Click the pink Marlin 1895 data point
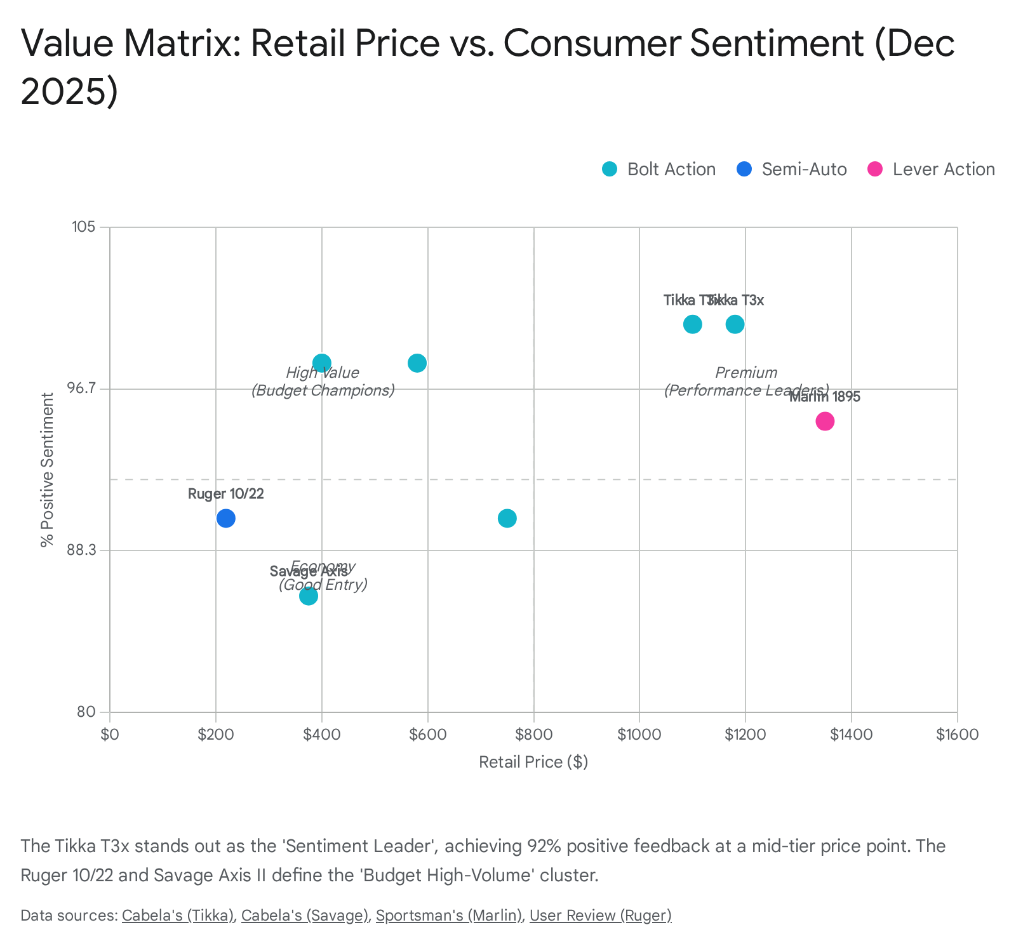tap(824, 421)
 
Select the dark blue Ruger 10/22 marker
tap(225, 518)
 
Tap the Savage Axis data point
tap(308, 596)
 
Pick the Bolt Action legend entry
tap(659, 170)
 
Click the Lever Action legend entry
tap(931, 170)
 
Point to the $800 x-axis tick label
tap(533, 735)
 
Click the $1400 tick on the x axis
tap(851, 735)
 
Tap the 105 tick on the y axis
tap(83, 227)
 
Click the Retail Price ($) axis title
tap(533, 762)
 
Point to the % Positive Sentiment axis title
tap(47, 470)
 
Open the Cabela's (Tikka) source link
tap(178, 916)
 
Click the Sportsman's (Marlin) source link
tap(448, 916)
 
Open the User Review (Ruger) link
tap(600, 916)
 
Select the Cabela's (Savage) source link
tap(305, 916)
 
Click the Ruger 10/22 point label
tap(225, 494)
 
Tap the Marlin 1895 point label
tap(824, 397)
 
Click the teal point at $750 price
tap(507, 518)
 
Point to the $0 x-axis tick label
tap(110, 735)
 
